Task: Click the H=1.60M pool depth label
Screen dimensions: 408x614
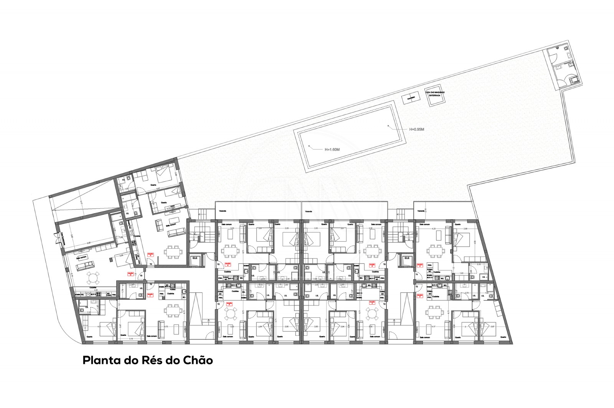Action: click(x=332, y=149)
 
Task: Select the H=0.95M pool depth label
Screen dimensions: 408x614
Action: click(x=416, y=129)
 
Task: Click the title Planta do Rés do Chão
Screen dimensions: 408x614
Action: click(x=148, y=361)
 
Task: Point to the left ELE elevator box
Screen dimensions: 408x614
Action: click(x=195, y=259)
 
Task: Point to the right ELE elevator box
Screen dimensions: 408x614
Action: click(x=407, y=259)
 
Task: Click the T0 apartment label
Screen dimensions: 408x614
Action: click(x=141, y=275)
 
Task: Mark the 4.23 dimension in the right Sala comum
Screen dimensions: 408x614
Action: click(x=434, y=228)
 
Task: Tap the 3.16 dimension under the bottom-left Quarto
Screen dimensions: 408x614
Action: click(x=130, y=338)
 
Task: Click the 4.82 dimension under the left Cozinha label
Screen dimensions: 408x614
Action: click(x=92, y=290)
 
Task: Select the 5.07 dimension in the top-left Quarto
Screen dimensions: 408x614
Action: click(x=158, y=189)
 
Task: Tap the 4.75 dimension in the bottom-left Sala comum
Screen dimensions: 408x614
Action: click(x=166, y=327)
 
